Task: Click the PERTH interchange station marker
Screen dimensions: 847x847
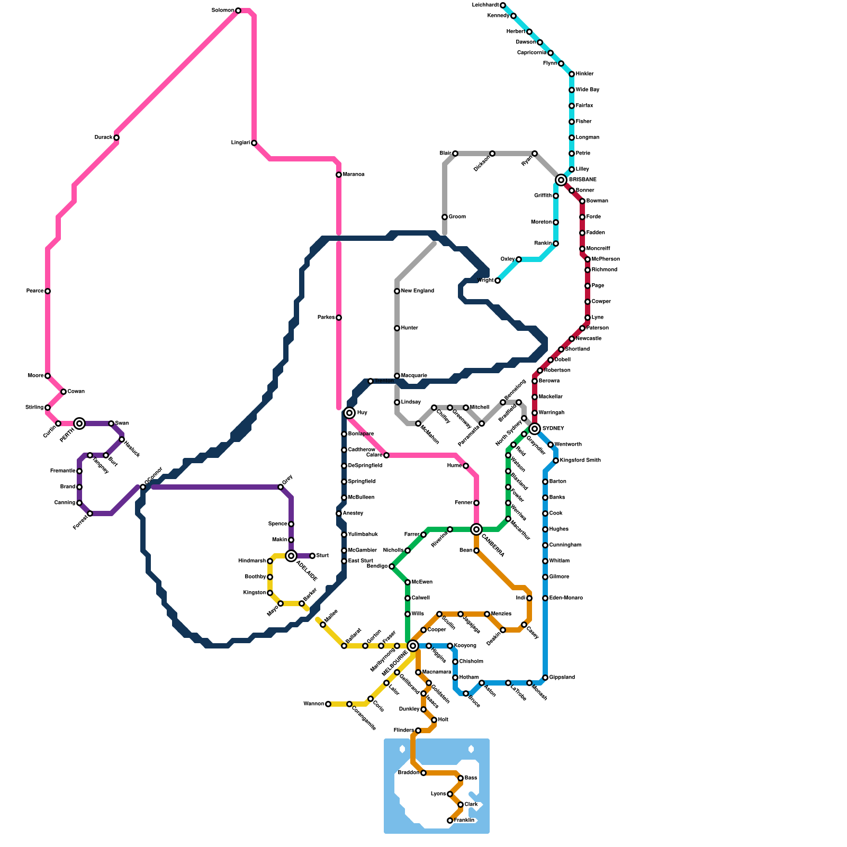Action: (79, 423)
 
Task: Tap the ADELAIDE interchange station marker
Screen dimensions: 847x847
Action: (291, 555)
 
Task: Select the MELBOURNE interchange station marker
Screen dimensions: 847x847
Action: (413, 645)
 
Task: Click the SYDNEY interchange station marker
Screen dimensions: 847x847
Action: (535, 428)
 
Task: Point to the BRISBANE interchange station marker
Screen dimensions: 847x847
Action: (561, 180)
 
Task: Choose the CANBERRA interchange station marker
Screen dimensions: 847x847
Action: (476, 529)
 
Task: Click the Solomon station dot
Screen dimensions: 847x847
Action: (238, 11)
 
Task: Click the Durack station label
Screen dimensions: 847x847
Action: (103, 138)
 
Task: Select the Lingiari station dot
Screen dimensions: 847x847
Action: (254, 143)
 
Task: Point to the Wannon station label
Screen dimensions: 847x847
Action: (313, 704)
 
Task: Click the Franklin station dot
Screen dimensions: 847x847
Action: (450, 821)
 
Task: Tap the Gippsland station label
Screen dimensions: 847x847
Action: (562, 678)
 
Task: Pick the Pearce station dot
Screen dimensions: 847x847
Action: (48, 291)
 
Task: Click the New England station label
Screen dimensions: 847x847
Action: (418, 291)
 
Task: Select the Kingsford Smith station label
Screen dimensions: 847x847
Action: (580, 461)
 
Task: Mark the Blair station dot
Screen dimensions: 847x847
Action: (455, 154)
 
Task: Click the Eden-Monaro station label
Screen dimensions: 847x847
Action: (566, 598)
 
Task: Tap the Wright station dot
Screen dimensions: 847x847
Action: (498, 281)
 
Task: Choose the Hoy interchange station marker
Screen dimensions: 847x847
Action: (349, 413)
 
